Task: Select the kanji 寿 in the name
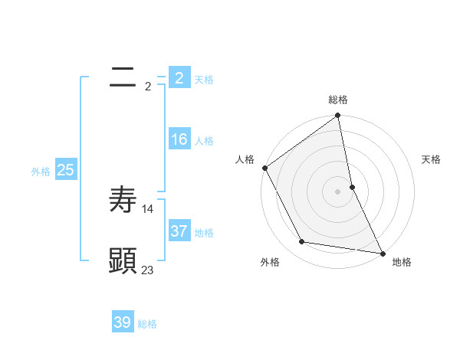pos(123,199)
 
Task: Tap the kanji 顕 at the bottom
pos(123,260)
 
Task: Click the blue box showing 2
pos(179,77)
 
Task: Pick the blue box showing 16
pos(179,139)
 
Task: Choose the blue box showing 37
pos(179,231)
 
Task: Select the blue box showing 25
pos(65,170)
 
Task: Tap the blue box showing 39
pos(123,322)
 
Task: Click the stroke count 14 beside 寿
pos(148,208)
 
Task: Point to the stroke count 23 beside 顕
pos(148,270)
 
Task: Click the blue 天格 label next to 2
pos(204,79)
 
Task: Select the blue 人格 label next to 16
pos(204,141)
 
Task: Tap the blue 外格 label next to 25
pos(41,172)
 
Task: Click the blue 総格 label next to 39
pos(147,324)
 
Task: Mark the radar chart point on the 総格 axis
pos(338,116)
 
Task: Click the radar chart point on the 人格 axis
pos(265,168)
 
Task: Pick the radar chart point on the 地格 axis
pos(383,253)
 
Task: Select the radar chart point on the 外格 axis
pos(302,242)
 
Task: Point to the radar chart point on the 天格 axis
pos(352,187)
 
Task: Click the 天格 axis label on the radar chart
pos(431,159)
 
